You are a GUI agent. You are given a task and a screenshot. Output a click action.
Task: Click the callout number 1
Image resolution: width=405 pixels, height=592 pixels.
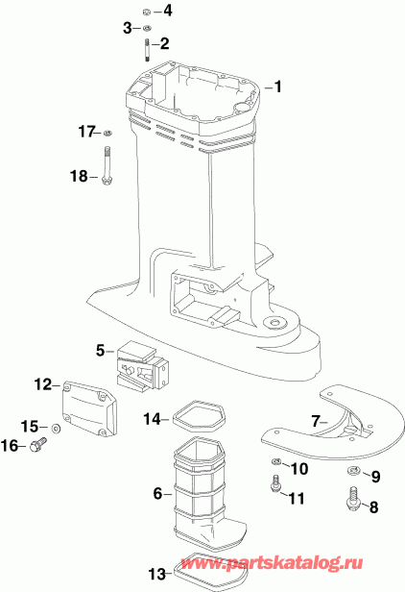pyautogui.click(x=278, y=87)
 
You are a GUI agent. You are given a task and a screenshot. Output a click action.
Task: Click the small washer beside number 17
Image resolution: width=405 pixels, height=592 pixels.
pyautogui.click(x=108, y=132)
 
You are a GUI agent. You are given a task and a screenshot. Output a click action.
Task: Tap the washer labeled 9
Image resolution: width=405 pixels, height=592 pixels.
pyautogui.click(x=352, y=471)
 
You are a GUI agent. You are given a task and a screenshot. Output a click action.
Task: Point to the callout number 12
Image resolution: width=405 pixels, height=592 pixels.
pyautogui.click(x=40, y=384)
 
